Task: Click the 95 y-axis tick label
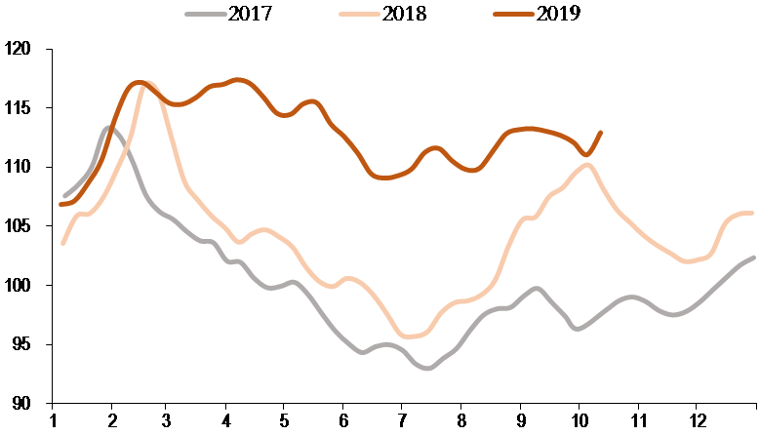click(22, 344)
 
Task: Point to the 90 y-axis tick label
click(22, 404)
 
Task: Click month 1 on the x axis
click(54, 422)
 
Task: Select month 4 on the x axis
click(226, 422)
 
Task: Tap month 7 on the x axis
click(401, 422)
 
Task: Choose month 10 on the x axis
click(579, 422)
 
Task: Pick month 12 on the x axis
click(695, 422)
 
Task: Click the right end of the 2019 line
click(600, 133)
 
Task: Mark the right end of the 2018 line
click(752, 213)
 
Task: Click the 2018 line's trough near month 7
click(410, 337)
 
